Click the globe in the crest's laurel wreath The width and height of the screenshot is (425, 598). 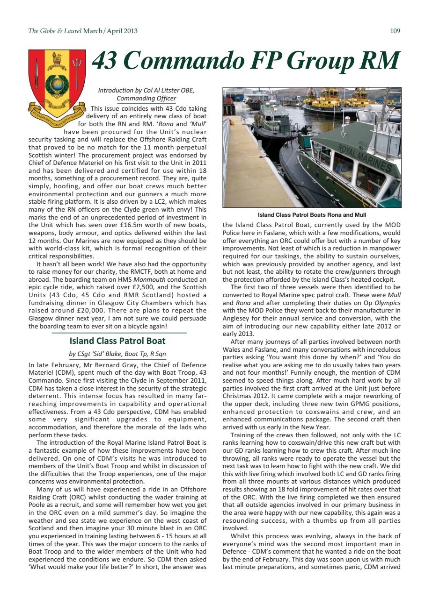(x=57, y=85)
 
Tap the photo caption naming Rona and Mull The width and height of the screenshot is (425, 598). (x=312, y=215)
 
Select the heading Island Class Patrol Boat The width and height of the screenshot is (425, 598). (x=117, y=341)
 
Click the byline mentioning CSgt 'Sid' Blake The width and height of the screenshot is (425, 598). (x=117, y=354)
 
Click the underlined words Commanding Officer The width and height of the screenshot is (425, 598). (x=146, y=99)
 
